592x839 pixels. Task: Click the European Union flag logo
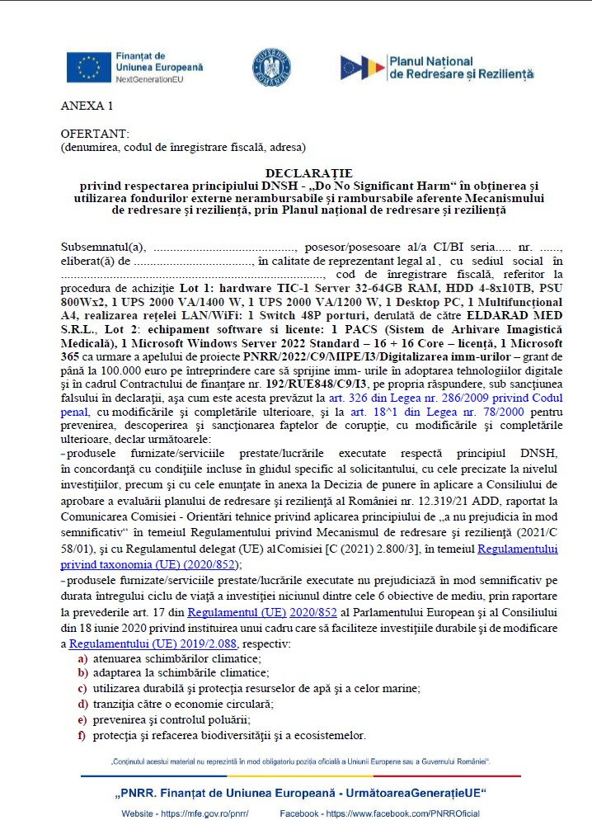89,66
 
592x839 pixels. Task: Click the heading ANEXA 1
87,106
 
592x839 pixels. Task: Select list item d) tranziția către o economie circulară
183,704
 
